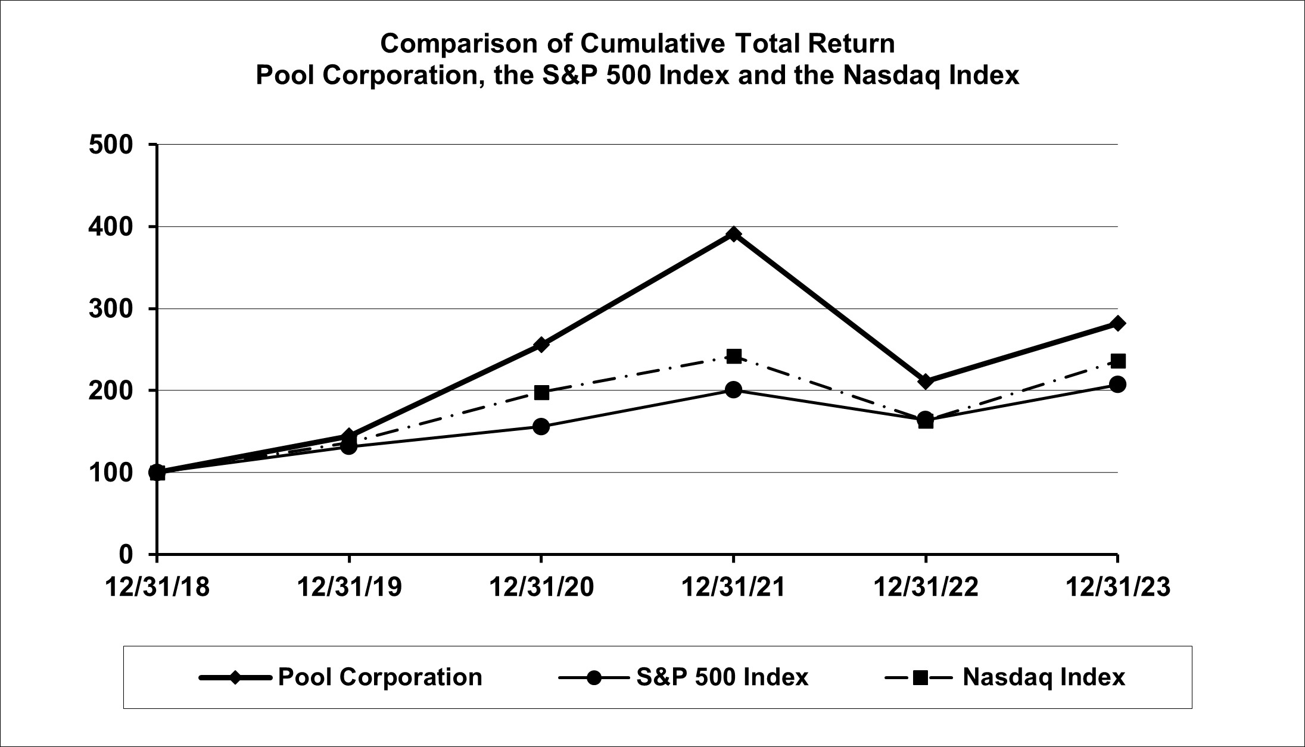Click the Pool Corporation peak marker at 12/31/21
click(x=734, y=234)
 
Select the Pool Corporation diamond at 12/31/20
click(x=541, y=345)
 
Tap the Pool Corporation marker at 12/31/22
click(x=925, y=381)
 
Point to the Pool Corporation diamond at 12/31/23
click(x=1117, y=323)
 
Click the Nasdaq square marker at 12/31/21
click(x=734, y=356)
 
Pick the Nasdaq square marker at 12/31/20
click(x=541, y=392)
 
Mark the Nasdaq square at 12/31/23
click(x=1118, y=361)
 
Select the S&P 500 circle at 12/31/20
click(x=541, y=426)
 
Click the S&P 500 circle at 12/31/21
click(x=734, y=390)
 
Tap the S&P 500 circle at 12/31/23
click(x=1117, y=384)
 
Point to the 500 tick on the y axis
click(x=111, y=145)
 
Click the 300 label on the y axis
click(x=111, y=309)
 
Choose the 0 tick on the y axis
click(x=125, y=555)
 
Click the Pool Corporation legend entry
click(x=379, y=677)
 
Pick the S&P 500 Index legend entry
click(x=722, y=677)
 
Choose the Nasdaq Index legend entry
click(x=1044, y=677)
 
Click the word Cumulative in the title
click(x=651, y=44)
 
